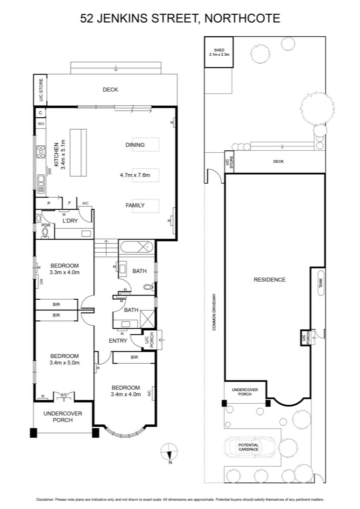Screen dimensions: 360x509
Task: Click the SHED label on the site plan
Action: [219, 50]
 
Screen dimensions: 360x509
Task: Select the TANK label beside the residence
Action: [321, 283]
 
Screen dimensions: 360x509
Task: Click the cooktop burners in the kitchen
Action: [41, 151]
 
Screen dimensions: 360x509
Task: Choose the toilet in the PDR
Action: [45, 233]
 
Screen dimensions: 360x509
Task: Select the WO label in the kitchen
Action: [41, 124]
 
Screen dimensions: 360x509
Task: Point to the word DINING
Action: [135, 145]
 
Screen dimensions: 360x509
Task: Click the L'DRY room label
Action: [70, 221]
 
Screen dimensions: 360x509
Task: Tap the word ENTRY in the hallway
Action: [118, 341]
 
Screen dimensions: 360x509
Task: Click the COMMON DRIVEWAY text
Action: [214, 312]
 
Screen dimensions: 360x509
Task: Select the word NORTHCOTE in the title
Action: [242, 18]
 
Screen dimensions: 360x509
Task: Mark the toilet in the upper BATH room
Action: [149, 287]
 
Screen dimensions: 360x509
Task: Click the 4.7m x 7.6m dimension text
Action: [135, 175]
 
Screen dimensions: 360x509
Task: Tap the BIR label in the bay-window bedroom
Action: [134, 357]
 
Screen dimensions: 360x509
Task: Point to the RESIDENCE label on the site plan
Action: [269, 280]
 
